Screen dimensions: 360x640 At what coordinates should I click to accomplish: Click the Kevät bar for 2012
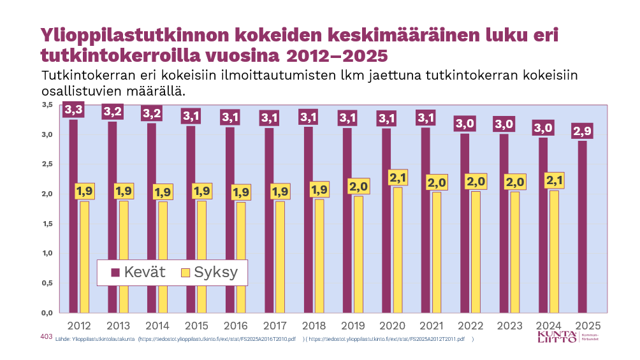[x=73, y=217]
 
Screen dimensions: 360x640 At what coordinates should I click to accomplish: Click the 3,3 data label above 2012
[x=74, y=110]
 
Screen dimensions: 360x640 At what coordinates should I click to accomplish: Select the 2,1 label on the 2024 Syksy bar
[x=554, y=181]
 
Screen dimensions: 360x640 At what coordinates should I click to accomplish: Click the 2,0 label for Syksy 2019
[x=359, y=187]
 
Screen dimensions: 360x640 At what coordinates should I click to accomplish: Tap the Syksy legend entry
[x=208, y=273]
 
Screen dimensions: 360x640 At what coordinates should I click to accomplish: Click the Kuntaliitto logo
[x=567, y=337]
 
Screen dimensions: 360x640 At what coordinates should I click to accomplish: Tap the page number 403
[x=45, y=336]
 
